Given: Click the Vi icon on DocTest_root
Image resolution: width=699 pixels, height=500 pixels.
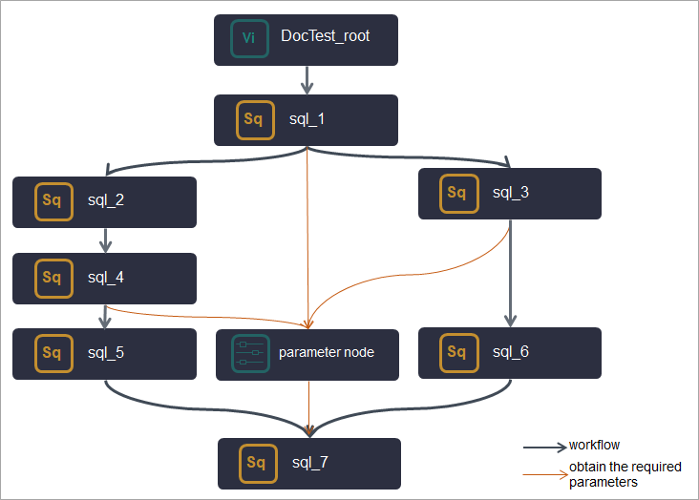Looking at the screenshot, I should coord(249,38).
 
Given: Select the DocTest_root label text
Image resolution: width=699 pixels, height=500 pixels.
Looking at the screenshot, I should coord(326,37).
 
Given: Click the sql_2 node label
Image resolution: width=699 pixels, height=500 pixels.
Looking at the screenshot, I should coord(106,200).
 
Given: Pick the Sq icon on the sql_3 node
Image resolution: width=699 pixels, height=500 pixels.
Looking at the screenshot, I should coord(457,194).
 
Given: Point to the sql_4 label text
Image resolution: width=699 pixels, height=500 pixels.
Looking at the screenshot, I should coord(106,278).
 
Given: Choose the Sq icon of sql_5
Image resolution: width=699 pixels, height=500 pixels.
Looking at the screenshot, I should coord(52,353).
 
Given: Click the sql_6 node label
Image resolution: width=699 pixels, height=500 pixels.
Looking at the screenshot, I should coord(511,352).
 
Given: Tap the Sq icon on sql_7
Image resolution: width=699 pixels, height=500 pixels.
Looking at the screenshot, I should coord(257,463).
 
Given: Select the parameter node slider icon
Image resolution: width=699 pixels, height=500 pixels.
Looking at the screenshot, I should coord(251,353).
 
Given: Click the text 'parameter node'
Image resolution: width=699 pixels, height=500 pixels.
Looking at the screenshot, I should coord(327,353).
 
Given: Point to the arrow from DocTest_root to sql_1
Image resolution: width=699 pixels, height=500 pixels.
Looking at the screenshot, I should coord(307,79).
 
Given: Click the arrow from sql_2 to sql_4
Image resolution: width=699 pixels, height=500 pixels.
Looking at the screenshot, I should coord(105,240).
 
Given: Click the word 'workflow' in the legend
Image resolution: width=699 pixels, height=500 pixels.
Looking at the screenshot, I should coord(595,446).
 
